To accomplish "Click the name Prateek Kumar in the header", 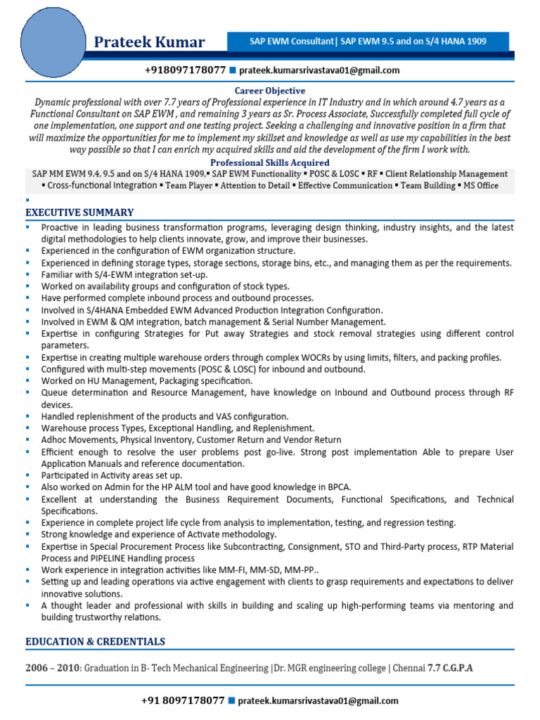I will [149, 42].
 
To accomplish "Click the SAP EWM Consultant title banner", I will [368, 41].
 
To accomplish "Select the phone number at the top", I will [185, 70].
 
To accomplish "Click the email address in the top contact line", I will [319, 70].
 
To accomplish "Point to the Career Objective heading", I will [270, 91].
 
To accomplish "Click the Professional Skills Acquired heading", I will [270, 162].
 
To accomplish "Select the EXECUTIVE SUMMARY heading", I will [79, 212].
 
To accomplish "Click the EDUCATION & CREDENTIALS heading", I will [95, 641].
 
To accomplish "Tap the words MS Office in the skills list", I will [481, 186].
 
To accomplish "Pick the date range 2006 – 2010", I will [53, 668].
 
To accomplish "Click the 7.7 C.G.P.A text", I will [450, 668].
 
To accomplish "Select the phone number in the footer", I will [183, 700].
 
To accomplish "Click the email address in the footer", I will [319, 700].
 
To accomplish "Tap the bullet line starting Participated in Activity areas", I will [111, 475].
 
